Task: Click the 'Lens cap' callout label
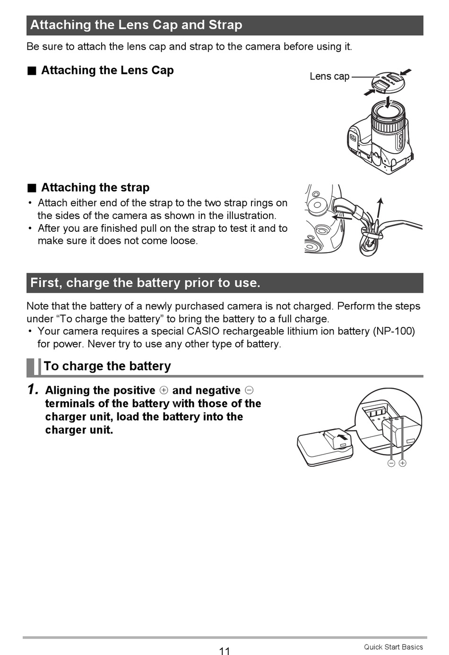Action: point(329,76)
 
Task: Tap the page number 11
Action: point(224,651)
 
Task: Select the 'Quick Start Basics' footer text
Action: point(393,647)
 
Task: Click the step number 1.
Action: point(33,390)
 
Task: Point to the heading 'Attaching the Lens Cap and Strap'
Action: point(136,25)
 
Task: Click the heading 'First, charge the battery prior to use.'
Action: point(145,283)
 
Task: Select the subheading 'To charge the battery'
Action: point(107,366)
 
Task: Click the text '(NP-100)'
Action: point(394,331)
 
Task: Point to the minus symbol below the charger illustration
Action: point(391,463)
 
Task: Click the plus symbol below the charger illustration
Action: point(403,463)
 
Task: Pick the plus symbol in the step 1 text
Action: point(164,390)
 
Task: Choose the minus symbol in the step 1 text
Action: point(249,390)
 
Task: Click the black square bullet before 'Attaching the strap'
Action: point(32,188)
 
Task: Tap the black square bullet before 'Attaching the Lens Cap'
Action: point(32,71)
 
